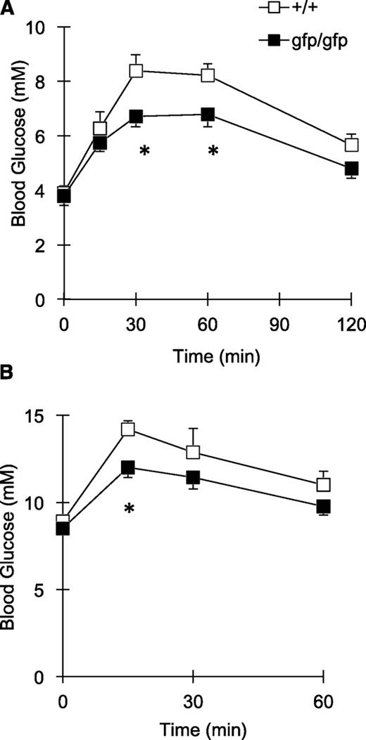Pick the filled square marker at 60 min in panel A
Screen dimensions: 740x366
point(208,115)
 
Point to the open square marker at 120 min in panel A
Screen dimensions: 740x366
point(351,145)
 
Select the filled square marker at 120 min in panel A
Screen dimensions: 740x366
point(351,169)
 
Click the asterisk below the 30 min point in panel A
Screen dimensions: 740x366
point(144,132)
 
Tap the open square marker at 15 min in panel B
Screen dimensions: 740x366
point(128,429)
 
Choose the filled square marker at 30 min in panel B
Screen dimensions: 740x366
point(193,478)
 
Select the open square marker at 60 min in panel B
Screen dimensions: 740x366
point(324,485)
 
